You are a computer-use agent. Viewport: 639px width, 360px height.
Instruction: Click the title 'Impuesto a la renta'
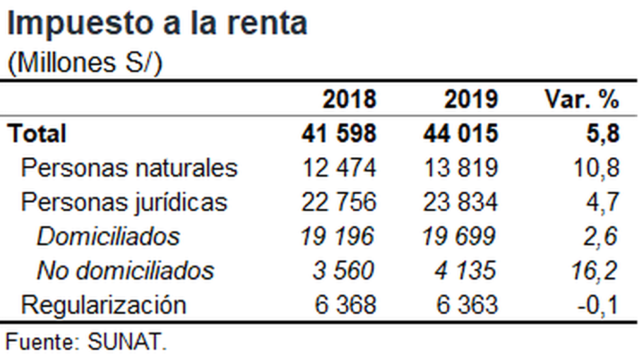click(156, 23)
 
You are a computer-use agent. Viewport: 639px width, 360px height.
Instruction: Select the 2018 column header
click(349, 100)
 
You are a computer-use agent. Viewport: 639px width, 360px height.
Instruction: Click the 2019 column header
click(471, 100)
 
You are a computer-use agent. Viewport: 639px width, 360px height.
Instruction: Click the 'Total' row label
click(37, 134)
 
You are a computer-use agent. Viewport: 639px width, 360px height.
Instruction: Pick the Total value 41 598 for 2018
click(339, 134)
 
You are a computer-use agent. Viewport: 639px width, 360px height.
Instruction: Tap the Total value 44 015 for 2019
click(460, 134)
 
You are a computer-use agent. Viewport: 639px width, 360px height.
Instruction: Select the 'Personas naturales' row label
click(129, 168)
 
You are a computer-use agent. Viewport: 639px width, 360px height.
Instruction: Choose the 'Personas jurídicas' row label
click(125, 202)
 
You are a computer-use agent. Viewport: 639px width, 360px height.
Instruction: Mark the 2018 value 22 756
click(339, 202)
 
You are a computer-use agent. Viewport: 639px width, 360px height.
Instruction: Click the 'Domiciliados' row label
click(108, 236)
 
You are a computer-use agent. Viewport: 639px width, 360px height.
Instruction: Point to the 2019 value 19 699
click(460, 236)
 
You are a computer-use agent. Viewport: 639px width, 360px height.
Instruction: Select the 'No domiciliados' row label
click(125, 270)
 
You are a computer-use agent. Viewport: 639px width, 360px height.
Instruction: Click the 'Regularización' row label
click(104, 305)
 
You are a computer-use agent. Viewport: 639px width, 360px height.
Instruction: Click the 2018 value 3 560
click(344, 270)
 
